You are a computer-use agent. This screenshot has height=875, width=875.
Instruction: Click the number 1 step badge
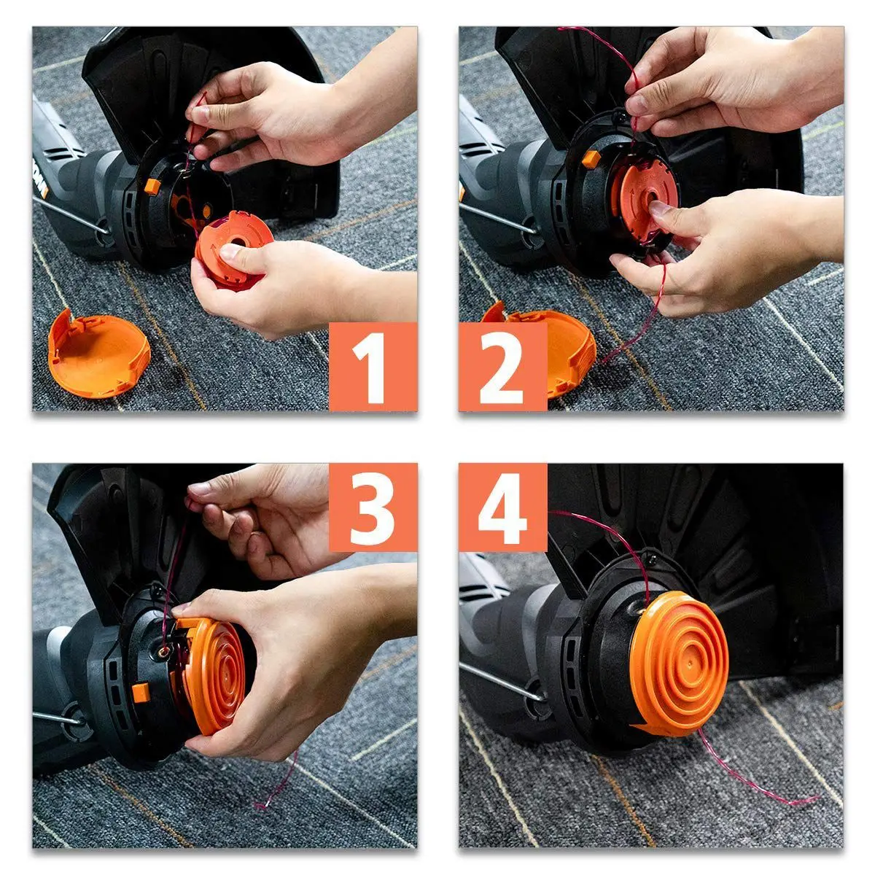click(x=373, y=367)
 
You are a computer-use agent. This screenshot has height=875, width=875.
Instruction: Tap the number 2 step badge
click(x=502, y=367)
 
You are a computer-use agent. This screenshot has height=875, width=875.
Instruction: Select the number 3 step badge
click(x=373, y=507)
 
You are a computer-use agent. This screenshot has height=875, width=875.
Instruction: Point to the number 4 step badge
click(x=502, y=507)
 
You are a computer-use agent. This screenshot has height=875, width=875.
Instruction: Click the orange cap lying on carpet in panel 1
click(x=98, y=355)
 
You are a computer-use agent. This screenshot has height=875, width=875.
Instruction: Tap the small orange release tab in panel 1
click(x=152, y=186)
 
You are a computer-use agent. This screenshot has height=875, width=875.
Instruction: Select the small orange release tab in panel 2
click(x=591, y=158)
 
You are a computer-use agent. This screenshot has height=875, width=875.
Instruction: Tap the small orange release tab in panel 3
click(x=141, y=693)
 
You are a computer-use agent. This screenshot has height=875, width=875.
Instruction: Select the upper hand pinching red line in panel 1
click(x=262, y=109)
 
